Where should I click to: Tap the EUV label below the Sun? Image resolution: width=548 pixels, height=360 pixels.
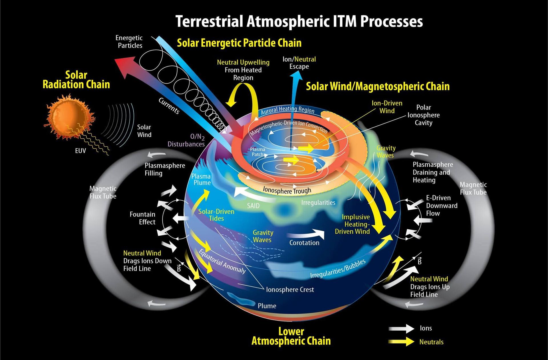tap(80, 151)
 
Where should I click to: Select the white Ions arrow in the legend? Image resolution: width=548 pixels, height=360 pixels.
tap(401, 328)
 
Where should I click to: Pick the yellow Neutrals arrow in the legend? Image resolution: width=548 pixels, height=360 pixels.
tap(401, 342)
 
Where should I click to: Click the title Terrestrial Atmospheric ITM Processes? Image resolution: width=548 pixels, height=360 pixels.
tap(299, 21)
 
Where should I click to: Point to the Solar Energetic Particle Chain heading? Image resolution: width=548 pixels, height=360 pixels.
tap(239, 43)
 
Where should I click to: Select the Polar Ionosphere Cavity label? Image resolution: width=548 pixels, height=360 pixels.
tap(424, 115)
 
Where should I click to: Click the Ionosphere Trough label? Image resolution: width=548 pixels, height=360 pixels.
tap(287, 191)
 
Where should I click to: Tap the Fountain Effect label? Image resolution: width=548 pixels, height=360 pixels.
tap(142, 218)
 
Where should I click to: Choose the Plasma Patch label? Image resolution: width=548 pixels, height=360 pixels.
tap(258, 152)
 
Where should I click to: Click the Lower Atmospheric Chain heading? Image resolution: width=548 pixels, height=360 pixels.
tap(291, 336)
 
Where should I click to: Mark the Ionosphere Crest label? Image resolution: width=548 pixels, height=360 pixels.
tap(290, 290)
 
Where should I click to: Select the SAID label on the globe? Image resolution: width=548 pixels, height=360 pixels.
tap(253, 206)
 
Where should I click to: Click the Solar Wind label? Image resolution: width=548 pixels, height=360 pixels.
tap(144, 131)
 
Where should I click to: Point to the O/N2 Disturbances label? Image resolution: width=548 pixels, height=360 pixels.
tap(186, 140)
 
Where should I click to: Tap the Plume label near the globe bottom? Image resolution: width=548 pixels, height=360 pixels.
tap(267, 306)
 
